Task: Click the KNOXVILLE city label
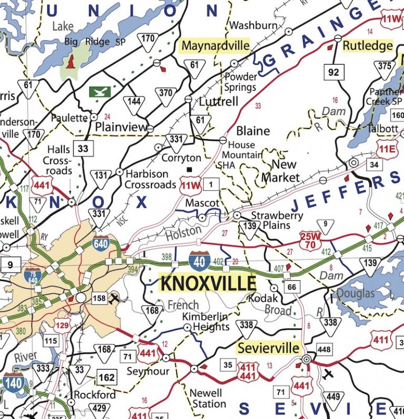point(208,283)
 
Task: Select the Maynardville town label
point(215,46)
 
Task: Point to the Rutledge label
point(368,46)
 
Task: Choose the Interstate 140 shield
point(13,383)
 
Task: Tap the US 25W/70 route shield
point(311,240)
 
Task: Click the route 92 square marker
point(334,72)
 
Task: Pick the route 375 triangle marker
point(385,67)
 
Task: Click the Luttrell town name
point(218,101)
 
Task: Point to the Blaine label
point(252,131)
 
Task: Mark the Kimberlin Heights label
point(206,321)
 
